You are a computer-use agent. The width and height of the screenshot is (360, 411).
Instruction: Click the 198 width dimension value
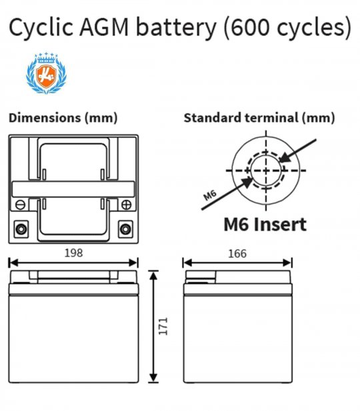click(x=73, y=253)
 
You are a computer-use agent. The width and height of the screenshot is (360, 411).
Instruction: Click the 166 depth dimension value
click(x=237, y=254)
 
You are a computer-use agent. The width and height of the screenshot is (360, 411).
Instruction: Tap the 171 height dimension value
click(x=163, y=326)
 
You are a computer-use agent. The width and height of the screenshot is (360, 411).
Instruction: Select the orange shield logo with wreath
click(x=46, y=73)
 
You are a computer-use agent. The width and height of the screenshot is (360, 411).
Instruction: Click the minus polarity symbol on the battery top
click(x=20, y=205)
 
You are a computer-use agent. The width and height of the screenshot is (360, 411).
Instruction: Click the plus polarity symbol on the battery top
click(x=127, y=205)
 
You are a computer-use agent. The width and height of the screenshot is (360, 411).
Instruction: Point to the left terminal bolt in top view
click(x=21, y=229)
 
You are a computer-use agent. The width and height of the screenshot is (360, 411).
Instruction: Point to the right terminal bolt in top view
click(x=125, y=229)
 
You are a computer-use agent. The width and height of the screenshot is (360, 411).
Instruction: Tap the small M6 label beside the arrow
click(x=210, y=195)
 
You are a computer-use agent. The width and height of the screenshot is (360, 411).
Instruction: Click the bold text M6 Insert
click(x=265, y=224)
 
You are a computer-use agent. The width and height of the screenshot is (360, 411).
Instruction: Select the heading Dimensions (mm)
click(x=63, y=118)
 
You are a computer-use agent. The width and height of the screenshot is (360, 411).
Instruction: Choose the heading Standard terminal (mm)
click(x=259, y=118)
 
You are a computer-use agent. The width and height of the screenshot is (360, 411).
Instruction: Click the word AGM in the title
click(x=104, y=27)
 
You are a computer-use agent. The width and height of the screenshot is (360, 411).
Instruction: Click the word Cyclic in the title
click(x=41, y=27)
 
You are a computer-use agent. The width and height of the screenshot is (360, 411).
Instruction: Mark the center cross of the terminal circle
click(x=266, y=171)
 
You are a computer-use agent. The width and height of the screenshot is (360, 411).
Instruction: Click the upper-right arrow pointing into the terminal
click(x=297, y=151)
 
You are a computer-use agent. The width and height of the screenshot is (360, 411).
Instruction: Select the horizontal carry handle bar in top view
click(x=73, y=189)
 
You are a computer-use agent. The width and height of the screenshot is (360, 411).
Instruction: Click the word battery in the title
click(x=176, y=27)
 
